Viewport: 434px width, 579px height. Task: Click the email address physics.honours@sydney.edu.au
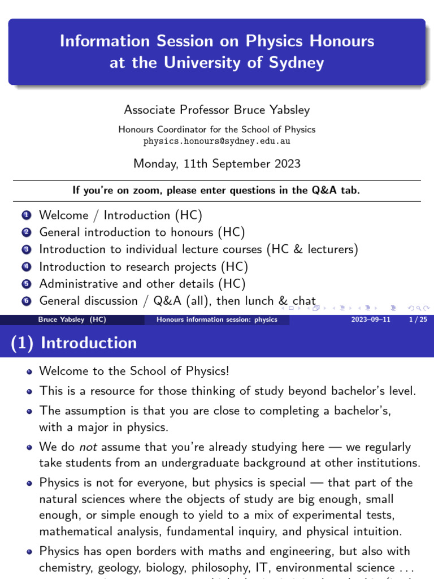(217, 141)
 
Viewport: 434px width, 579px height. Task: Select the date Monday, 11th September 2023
(217, 164)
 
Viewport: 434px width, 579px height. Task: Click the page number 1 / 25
(416, 319)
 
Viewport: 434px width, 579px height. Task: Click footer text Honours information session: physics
(217, 319)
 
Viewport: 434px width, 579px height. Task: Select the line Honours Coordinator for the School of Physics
(217, 129)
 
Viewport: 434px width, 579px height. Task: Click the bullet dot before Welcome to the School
(29, 371)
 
